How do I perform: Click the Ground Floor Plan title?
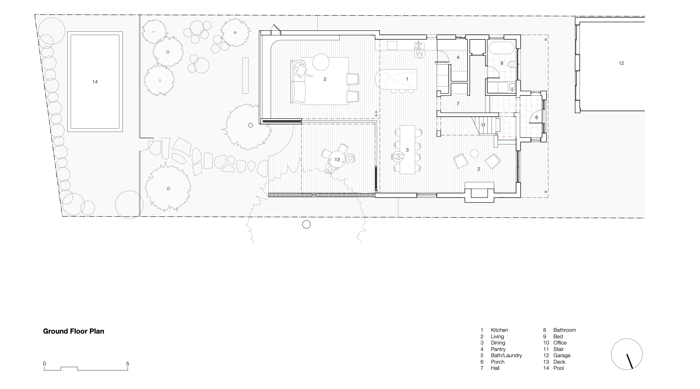click(x=73, y=331)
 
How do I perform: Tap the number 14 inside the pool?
click(x=95, y=82)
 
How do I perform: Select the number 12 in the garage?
click(x=621, y=63)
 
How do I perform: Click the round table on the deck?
click(x=337, y=159)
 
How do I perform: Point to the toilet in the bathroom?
click(x=511, y=64)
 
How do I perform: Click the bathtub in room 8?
click(x=501, y=47)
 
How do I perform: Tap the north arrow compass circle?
click(x=627, y=354)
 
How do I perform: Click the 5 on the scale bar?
click(x=128, y=364)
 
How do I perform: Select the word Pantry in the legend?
click(x=498, y=349)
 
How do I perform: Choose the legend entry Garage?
click(x=562, y=355)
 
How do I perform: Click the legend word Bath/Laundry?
click(x=506, y=355)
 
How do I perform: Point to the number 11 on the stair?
click(x=483, y=125)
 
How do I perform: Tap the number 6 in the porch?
click(x=536, y=118)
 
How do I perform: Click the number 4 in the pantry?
click(x=458, y=57)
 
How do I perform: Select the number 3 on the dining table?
click(x=407, y=150)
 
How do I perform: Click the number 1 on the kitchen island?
click(x=407, y=79)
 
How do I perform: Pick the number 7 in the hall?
click(x=458, y=104)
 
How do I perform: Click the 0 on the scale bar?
click(x=45, y=364)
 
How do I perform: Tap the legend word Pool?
click(x=559, y=368)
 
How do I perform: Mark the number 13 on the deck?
click(x=337, y=160)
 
